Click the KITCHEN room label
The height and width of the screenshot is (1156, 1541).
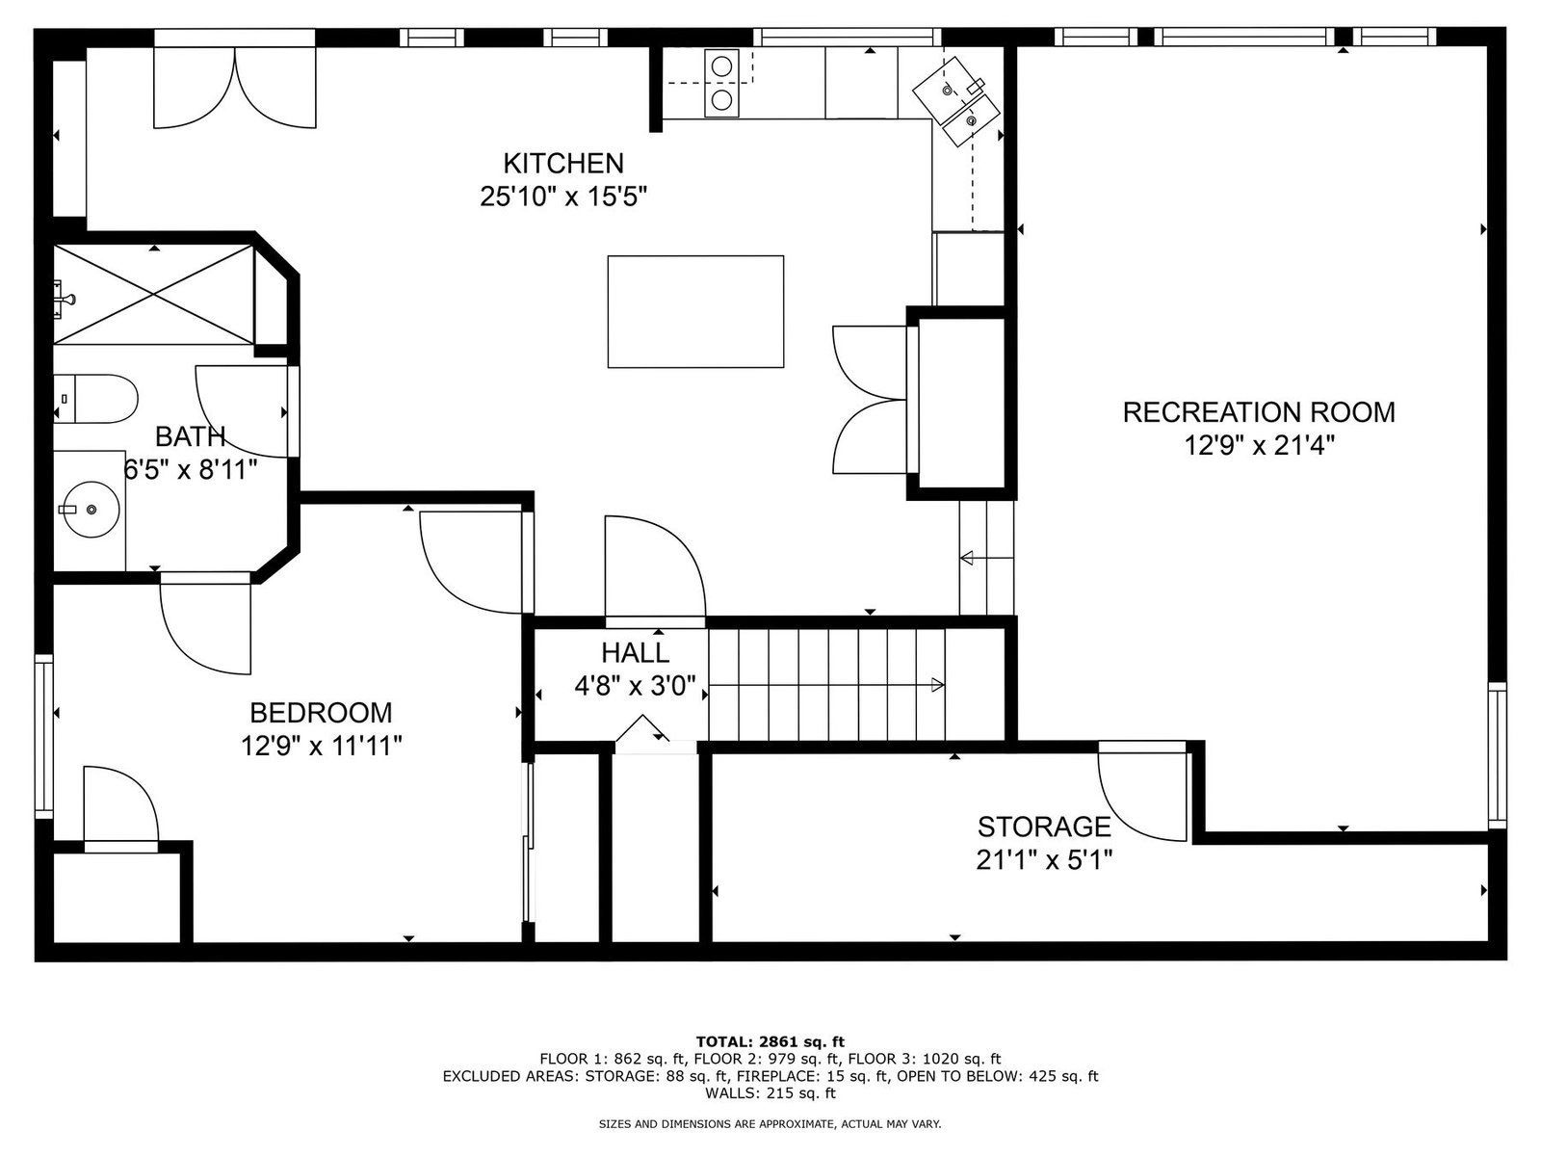coord(563,164)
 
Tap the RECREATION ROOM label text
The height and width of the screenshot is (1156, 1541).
coord(1259,412)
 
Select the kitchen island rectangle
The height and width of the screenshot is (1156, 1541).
coord(695,311)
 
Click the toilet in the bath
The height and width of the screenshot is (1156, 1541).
coord(96,398)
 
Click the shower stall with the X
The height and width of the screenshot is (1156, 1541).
coord(154,294)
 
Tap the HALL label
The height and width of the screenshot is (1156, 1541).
coord(636,653)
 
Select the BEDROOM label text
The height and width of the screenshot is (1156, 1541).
coord(321,713)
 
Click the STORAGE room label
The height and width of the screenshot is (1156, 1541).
coord(1044,827)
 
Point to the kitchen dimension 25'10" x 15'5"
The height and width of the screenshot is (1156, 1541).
coord(563,197)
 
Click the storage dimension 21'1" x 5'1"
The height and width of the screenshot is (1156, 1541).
coord(1044,860)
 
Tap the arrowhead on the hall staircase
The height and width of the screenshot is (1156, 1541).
coord(937,684)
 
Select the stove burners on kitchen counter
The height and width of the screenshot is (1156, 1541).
coord(721,84)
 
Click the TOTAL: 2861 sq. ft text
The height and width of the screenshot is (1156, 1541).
coord(770,1041)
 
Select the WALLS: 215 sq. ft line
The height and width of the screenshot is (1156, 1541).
coord(770,1092)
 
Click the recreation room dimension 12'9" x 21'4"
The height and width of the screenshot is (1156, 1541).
coord(1259,445)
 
